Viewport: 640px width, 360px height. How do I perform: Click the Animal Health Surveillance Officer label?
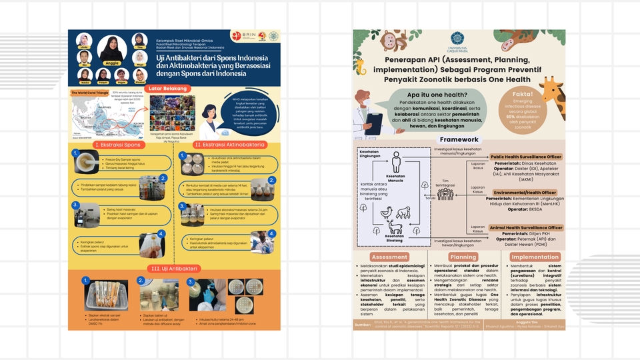pyautogui.click(x=526, y=227)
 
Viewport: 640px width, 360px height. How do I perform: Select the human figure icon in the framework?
pyautogui.click(x=396, y=161)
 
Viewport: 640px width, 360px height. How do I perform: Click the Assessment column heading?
pyautogui.click(x=390, y=257)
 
